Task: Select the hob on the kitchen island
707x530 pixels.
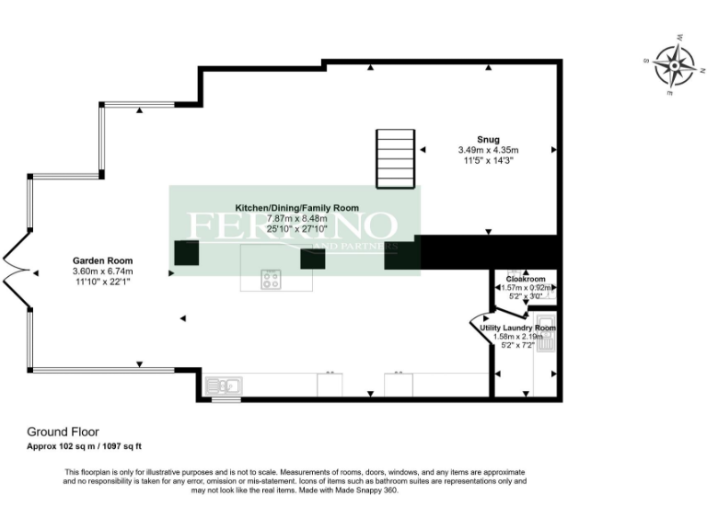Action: [x=271, y=279]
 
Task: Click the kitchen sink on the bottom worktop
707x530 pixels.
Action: [x=224, y=385]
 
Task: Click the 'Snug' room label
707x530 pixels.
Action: [x=488, y=140]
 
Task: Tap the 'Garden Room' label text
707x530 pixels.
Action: [x=102, y=260]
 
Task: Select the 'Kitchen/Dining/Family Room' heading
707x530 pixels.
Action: [x=296, y=208]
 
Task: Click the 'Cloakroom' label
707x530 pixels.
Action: [x=527, y=279]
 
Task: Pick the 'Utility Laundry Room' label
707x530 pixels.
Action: [x=518, y=328]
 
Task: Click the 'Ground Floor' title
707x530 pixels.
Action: [x=63, y=431]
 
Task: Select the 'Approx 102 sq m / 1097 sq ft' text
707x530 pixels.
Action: [x=84, y=446]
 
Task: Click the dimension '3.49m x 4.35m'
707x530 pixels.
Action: [x=488, y=150]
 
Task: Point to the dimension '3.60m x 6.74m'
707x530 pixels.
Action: [x=102, y=271]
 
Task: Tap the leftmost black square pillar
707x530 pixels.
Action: [x=187, y=253]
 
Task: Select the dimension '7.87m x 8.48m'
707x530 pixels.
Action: [x=296, y=219]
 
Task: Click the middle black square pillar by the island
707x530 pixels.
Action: [x=313, y=259]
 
